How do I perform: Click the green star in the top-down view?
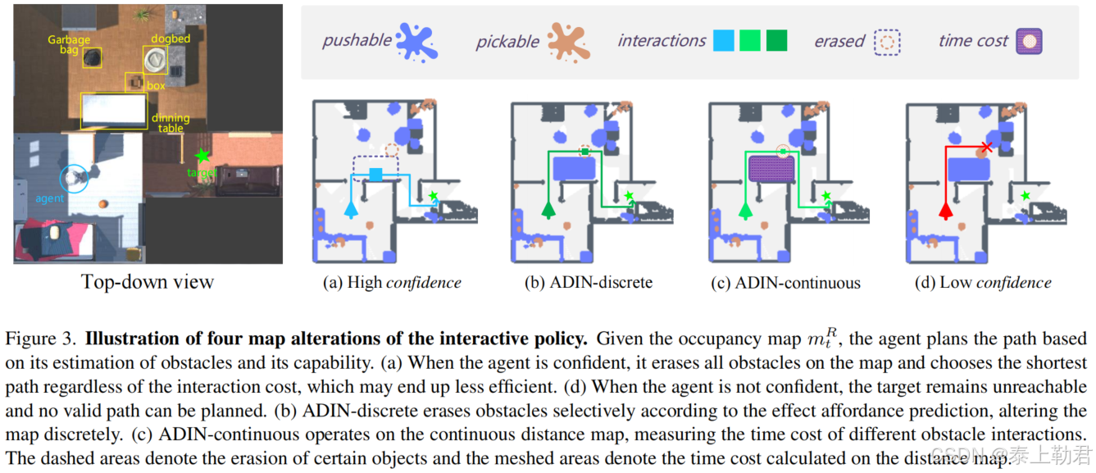[x=202, y=155]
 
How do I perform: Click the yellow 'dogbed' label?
[x=171, y=39]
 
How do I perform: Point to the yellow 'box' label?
[x=156, y=85]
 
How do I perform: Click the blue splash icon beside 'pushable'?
[x=416, y=41]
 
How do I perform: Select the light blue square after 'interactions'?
[x=724, y=40]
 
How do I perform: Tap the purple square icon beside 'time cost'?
[x=1030, y=41]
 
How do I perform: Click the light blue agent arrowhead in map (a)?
[x=352, y=210]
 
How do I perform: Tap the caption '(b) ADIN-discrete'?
[x=589, y=283]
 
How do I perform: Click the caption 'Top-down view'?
[x=148, y=282]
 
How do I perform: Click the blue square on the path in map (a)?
[x=375, y=174]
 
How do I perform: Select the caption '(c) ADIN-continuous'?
[x=786, y=283]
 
